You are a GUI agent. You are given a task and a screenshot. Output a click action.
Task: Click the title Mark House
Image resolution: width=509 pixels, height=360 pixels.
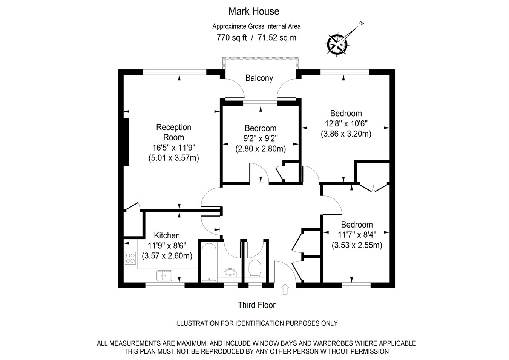[x=254, y=11]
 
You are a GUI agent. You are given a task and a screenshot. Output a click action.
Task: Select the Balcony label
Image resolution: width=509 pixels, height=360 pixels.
[x=259, y=78]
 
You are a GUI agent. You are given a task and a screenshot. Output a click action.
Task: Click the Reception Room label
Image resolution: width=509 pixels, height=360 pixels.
[x=173, y=132]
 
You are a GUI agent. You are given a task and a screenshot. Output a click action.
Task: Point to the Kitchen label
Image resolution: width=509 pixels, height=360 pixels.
[x=167, y=235]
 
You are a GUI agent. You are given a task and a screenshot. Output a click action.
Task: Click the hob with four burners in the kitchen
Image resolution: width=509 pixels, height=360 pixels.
[x=130, y=258]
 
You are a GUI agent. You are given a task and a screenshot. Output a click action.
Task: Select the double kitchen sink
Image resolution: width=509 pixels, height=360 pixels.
[x=164, y=275]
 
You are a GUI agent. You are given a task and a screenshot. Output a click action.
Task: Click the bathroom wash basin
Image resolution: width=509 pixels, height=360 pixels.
[x=229, y=272]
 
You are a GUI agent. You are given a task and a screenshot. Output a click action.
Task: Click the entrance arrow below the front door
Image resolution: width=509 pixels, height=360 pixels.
[x=285, y=289]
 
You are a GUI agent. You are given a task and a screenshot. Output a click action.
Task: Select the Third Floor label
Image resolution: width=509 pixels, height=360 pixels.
[x=256, y=305]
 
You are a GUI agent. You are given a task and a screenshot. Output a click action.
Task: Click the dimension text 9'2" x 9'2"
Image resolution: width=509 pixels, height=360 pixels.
[x=260, y=138]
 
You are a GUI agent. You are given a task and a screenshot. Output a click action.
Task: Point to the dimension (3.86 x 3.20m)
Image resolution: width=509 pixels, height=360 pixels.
[x=346, y=134]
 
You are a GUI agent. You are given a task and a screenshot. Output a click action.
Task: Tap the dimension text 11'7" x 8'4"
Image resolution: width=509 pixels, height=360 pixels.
[x=357, y=235]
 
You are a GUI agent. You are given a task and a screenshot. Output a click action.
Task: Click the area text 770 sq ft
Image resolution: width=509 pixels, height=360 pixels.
[x=232, y=38]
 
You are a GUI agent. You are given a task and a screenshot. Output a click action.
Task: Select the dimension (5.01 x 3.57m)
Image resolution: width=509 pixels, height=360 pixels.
[x=173, y=158]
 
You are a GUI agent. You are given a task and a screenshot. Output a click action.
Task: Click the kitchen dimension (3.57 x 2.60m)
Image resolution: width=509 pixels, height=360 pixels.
[x=167, y=256]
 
